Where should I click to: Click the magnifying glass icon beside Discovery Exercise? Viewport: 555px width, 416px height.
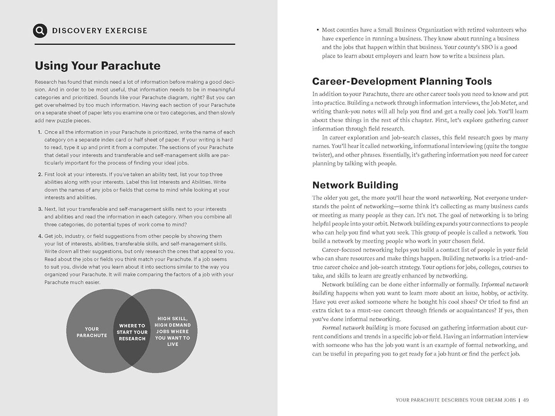tap(40, 30)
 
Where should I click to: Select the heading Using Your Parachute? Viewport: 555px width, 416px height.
tap(98, 66)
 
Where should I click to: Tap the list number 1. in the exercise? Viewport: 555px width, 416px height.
tap(40, 132)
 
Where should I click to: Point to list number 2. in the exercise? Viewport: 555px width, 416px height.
tap(40, 174)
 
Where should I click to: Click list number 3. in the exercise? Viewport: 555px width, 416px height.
tap(40, 209)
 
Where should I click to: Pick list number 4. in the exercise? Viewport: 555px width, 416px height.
tap(40, 236)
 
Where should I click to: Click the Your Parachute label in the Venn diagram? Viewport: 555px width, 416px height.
tap(92, 332)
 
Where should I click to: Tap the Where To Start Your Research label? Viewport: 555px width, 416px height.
tap(132, 332)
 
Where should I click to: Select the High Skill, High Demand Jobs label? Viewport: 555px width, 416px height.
tap(172, 331)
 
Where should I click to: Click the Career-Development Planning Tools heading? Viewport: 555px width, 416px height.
tap(402, 81)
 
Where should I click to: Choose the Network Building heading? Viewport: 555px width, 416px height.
tap(355, 185)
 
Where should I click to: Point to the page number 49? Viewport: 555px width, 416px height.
tap(526, 400)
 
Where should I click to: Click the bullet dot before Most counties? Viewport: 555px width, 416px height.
tap(317, 30)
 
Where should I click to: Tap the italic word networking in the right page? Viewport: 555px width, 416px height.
tap(456, 198)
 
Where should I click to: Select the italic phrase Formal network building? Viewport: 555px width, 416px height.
tap(355, 328)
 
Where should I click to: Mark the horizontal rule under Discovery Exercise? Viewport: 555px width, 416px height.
tap(135, 44)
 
